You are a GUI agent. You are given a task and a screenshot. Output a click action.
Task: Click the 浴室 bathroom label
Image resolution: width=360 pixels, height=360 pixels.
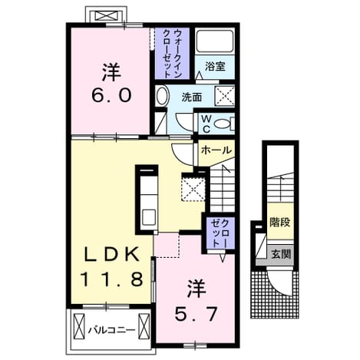click(x=215, y=67)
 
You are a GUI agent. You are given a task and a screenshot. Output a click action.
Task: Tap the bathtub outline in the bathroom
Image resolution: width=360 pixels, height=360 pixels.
click(x=215, y=41)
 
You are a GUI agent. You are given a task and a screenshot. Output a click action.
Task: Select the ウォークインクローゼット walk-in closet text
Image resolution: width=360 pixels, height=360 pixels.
click(x=173, y=54)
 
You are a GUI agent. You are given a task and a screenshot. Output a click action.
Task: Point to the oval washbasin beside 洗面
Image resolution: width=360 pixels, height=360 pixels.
click(x=162, y=96)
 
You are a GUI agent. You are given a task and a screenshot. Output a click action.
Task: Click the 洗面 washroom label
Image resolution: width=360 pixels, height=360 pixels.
click(x=192, y=97)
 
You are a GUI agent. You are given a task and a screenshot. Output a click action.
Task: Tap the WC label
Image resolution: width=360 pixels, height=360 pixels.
click(x=206, y=124)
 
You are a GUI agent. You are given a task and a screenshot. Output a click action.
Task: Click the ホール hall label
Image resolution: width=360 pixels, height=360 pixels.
click(x=216, y=150)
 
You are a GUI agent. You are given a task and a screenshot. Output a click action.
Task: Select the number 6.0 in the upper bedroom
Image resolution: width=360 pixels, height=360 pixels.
click(x=112, y=95)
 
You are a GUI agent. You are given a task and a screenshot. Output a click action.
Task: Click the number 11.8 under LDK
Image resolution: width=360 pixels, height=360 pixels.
click(x=112, y=279)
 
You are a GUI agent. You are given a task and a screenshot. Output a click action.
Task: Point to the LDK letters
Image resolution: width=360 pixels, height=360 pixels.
click(x=112, y=254)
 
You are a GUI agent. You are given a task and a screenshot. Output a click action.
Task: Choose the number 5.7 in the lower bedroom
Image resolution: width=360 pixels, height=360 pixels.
click(x=196, y=314)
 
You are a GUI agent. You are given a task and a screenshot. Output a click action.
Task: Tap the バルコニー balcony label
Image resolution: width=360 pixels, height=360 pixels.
click(x=111, y=330)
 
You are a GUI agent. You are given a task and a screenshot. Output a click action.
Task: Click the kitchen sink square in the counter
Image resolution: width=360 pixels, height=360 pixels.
click(x=148, y=217)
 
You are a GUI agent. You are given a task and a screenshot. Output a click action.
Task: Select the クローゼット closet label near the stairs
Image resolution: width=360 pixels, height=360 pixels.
click(x=220, y=233)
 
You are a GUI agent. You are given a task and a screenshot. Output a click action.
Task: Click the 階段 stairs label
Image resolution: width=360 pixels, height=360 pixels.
click(x=280, y=222)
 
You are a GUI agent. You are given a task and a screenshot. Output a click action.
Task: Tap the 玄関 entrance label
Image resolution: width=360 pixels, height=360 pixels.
click(x=281, y=254)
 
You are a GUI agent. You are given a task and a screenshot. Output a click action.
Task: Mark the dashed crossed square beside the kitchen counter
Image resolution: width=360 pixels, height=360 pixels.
click(x=193, y=187)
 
